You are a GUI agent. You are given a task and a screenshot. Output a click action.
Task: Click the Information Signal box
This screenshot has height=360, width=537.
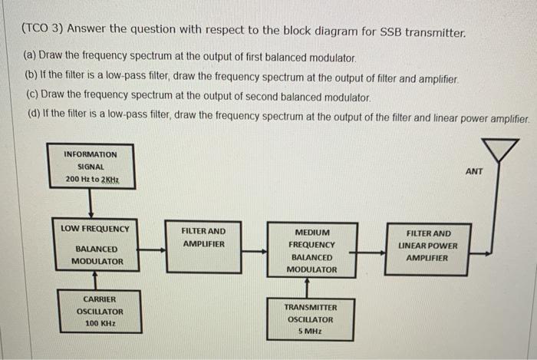91,167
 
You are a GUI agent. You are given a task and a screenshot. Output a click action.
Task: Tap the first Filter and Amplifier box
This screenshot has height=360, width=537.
203,246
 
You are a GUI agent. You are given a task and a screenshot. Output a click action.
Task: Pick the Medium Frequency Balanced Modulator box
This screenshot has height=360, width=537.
311,250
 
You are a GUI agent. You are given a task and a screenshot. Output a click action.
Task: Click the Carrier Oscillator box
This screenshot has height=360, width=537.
100,311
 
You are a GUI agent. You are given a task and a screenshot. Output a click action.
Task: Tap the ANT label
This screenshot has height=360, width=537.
474,171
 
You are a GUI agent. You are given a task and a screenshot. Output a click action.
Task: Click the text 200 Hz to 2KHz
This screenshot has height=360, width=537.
91,180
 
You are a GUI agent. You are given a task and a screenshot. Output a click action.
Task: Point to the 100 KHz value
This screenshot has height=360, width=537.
100,324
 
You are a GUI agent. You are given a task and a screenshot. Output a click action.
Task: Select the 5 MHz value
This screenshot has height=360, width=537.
311,332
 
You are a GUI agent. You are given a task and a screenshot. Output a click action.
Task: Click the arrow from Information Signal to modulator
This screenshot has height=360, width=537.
91,206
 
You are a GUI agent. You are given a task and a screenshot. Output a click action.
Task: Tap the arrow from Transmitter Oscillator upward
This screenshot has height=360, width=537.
307,287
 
